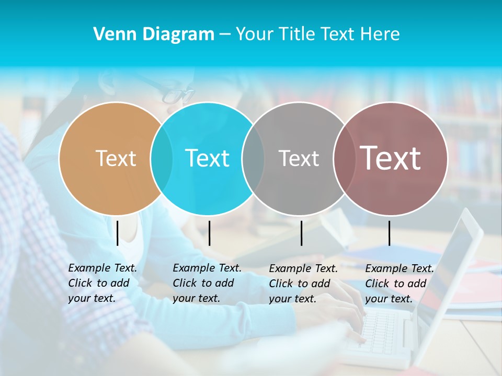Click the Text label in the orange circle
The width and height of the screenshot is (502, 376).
116,158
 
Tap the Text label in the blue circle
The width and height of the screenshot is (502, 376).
207,158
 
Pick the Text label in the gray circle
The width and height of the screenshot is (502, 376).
299,158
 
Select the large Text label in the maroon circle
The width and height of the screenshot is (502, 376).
391,158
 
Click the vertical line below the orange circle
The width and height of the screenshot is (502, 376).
117,233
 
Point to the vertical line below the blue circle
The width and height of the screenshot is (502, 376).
209,233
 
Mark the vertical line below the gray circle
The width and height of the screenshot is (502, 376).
301,233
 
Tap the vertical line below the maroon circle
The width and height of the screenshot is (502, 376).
389,233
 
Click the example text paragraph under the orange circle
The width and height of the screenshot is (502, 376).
102,283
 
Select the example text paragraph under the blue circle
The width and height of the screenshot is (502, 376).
207,283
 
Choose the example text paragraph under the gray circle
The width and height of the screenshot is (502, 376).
303,284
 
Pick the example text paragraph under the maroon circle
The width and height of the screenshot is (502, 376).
400,284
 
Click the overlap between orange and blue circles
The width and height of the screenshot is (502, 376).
162,158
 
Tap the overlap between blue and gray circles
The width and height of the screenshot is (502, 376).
253,158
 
